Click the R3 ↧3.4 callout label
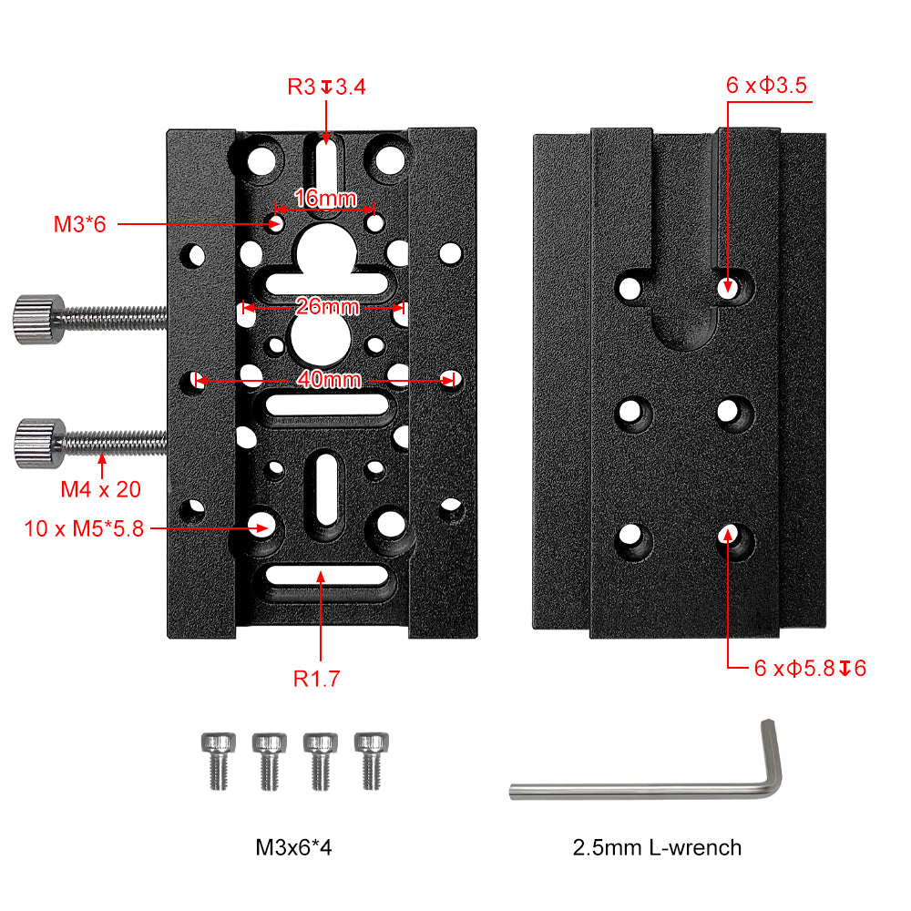tap(326, 87)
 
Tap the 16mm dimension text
tap(325, 198)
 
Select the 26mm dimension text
tap(327, 306)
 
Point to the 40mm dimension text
tap(329, 379)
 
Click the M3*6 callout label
tap(79, 224)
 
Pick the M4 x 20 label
tap(101, 489)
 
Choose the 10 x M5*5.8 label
tap(84, 528)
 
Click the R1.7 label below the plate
tap(317, 679)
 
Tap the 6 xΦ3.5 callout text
tap(766, 86)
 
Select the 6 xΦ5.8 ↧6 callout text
tap(810, 668)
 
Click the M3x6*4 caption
tap(293, 847)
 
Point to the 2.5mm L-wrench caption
tap(657, 847)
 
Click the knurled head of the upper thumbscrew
tap(39, 319)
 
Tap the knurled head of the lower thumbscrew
tap(39, 444)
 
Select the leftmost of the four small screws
tap(219, 761)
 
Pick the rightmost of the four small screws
tap(372, 761)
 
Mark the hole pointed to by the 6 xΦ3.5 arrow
tap(728, 286)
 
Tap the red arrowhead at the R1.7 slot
tap(321, 577)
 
